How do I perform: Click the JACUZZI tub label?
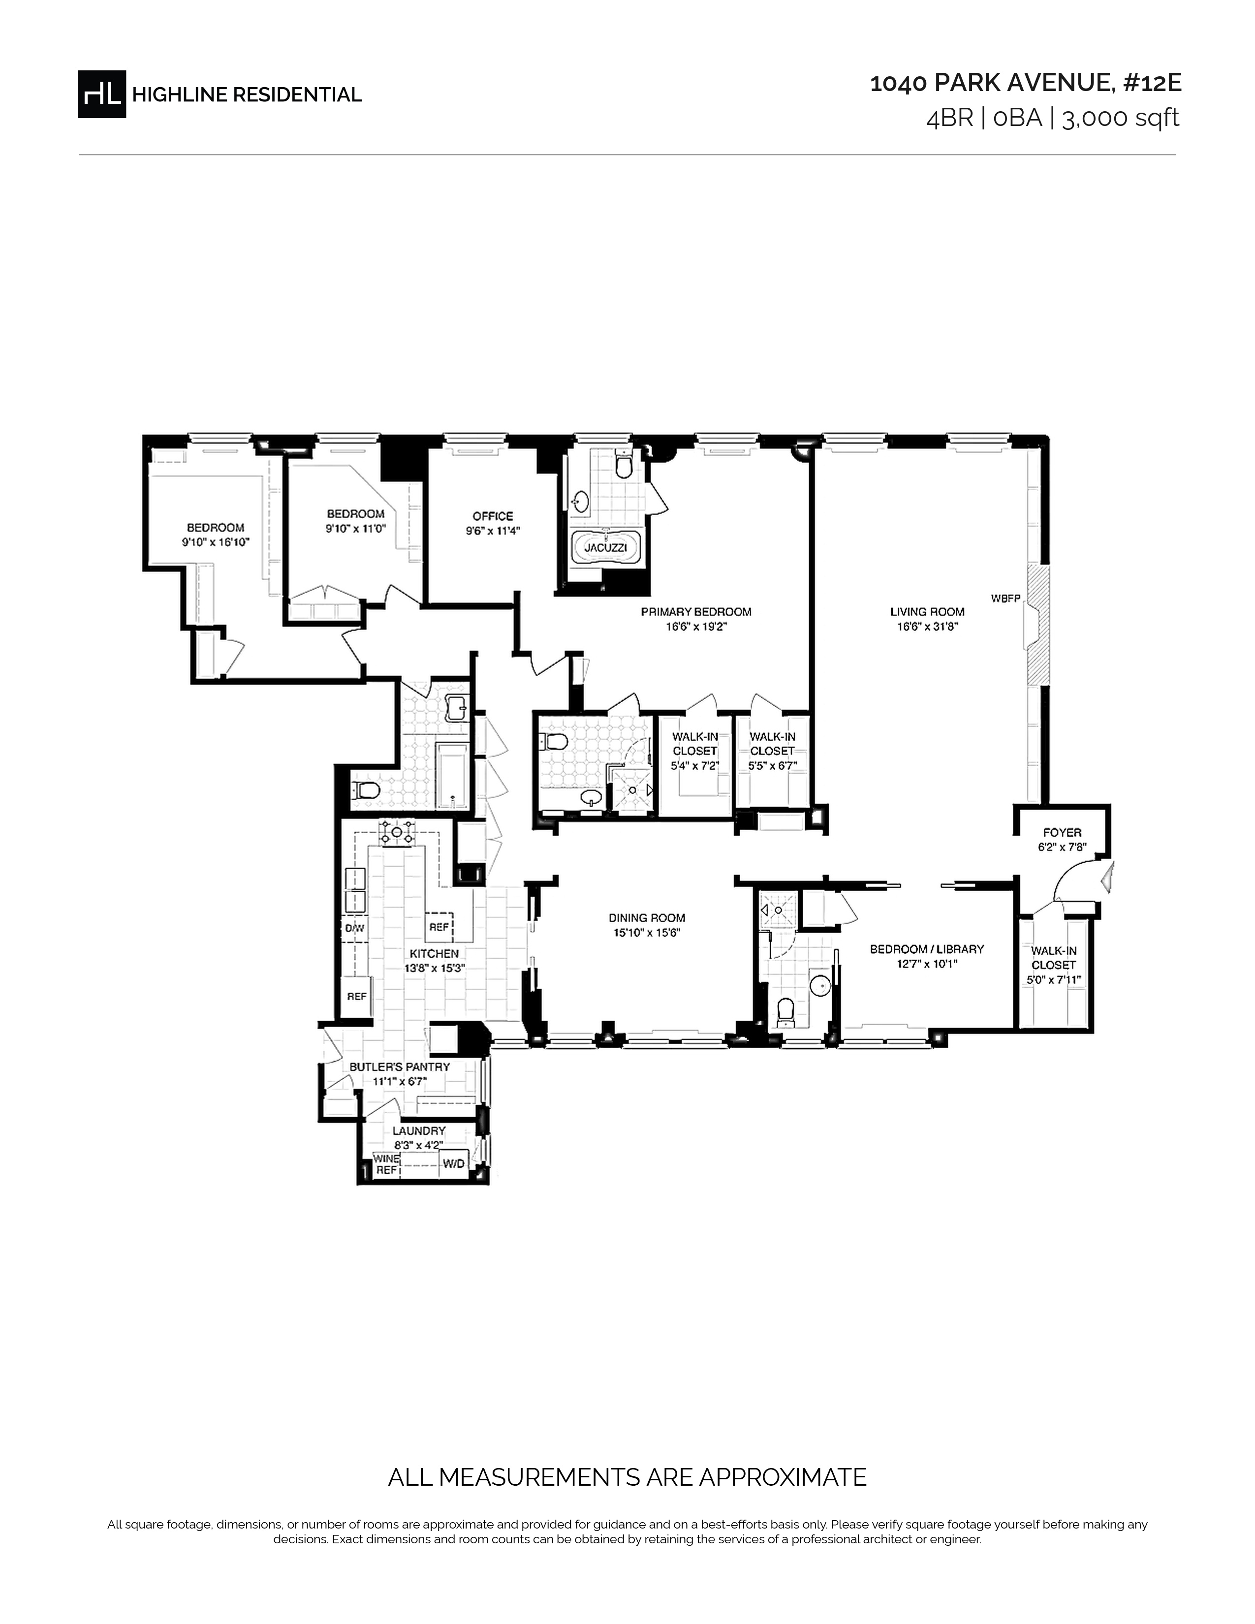[606, 547]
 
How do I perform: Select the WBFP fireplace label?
[1005, 598]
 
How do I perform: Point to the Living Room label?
[927, 612]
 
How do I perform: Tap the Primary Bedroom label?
[696, 612]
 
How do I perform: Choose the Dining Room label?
[647, 918]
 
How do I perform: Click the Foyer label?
[1062, 833]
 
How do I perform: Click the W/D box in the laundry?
[454, 1163]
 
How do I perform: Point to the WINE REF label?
[386, 1164]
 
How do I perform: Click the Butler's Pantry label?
[399, 1067]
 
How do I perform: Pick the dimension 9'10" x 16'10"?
[216, 542]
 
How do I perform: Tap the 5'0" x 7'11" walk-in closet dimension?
[1054, 980]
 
